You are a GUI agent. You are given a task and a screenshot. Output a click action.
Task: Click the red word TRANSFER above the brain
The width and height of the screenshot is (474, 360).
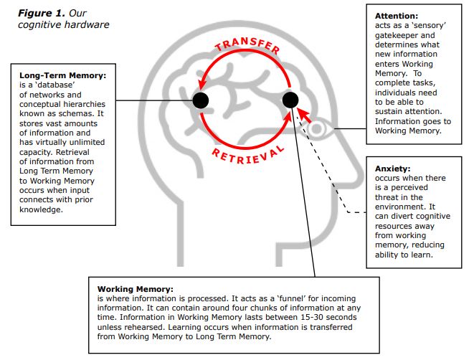tap(247, 45)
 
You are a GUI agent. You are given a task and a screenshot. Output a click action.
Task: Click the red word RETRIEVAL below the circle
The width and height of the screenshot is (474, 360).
tap(248, 155)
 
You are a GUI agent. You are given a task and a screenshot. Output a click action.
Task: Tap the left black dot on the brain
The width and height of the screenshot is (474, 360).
tap(200, 100)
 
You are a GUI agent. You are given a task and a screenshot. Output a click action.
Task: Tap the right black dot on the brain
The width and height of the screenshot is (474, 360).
tap(290, 100)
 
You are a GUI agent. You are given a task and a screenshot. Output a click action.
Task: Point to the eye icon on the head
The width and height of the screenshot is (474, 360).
tap(317, 129)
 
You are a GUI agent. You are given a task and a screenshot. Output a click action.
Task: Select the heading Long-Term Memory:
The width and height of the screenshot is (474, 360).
tap(63, 75)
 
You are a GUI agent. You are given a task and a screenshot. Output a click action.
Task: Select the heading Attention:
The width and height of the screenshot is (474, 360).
tap(397, 16)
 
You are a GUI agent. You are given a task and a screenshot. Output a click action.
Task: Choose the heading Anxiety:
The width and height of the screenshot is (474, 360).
tap(393, 169)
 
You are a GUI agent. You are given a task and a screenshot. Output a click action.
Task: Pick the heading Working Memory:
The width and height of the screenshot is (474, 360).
tap(136, 289)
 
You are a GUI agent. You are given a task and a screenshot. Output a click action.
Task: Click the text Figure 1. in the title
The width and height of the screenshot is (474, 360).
tap(42, 13)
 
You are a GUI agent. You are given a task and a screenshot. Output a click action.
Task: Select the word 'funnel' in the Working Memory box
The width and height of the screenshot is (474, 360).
tap(291, 298)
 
